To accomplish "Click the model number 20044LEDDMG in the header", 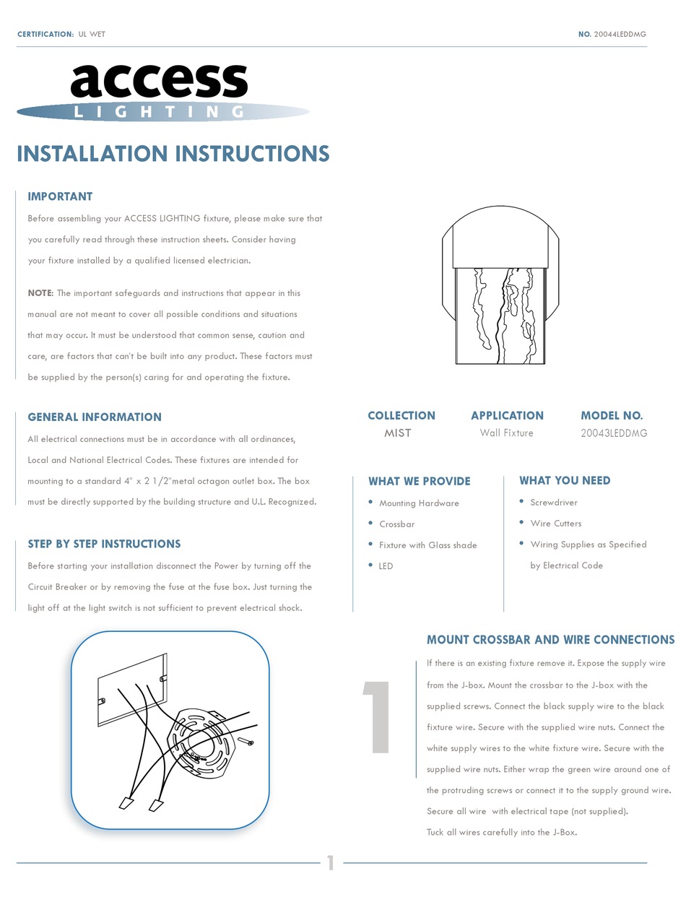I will [620, 34].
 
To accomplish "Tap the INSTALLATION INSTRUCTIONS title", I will [173, 154].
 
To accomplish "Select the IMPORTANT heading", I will [60, 196].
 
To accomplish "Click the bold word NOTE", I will [40, 293].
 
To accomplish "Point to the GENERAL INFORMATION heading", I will [95, 417].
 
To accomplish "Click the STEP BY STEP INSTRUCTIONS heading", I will [104, 544].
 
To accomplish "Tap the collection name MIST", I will [398, 433].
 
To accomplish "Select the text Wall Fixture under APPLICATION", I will [506, 433].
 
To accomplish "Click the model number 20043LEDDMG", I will [614, 433].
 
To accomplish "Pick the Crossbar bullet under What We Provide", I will [396, 524].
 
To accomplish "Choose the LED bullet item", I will [386, 566].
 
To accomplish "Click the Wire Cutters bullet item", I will [555, 524].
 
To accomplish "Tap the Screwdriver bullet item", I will [554, 503].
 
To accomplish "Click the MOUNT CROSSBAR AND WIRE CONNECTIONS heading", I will [550, 640].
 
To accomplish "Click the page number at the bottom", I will [331, 862].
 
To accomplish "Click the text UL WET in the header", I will [92, 34].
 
